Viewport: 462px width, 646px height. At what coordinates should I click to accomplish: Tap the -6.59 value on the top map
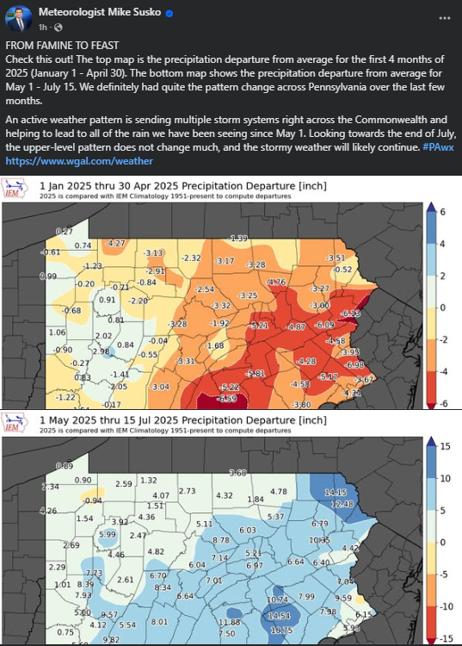click(225, 398)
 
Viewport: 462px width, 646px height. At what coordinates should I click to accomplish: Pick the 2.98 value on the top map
click(102, 351)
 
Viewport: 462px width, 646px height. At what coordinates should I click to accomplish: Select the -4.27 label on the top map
click(114, 243)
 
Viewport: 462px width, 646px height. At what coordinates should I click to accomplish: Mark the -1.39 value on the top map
click(238, 238)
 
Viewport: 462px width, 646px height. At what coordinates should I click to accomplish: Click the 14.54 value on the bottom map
click(280, 617)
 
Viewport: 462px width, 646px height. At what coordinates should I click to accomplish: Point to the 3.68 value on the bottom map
click(238, 472)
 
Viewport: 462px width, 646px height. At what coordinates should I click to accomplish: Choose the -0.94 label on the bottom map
click(93, 500)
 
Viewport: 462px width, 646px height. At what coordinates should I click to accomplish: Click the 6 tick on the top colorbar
click(441, 211)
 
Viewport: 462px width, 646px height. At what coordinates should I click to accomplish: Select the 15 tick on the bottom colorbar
click(445, 446)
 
